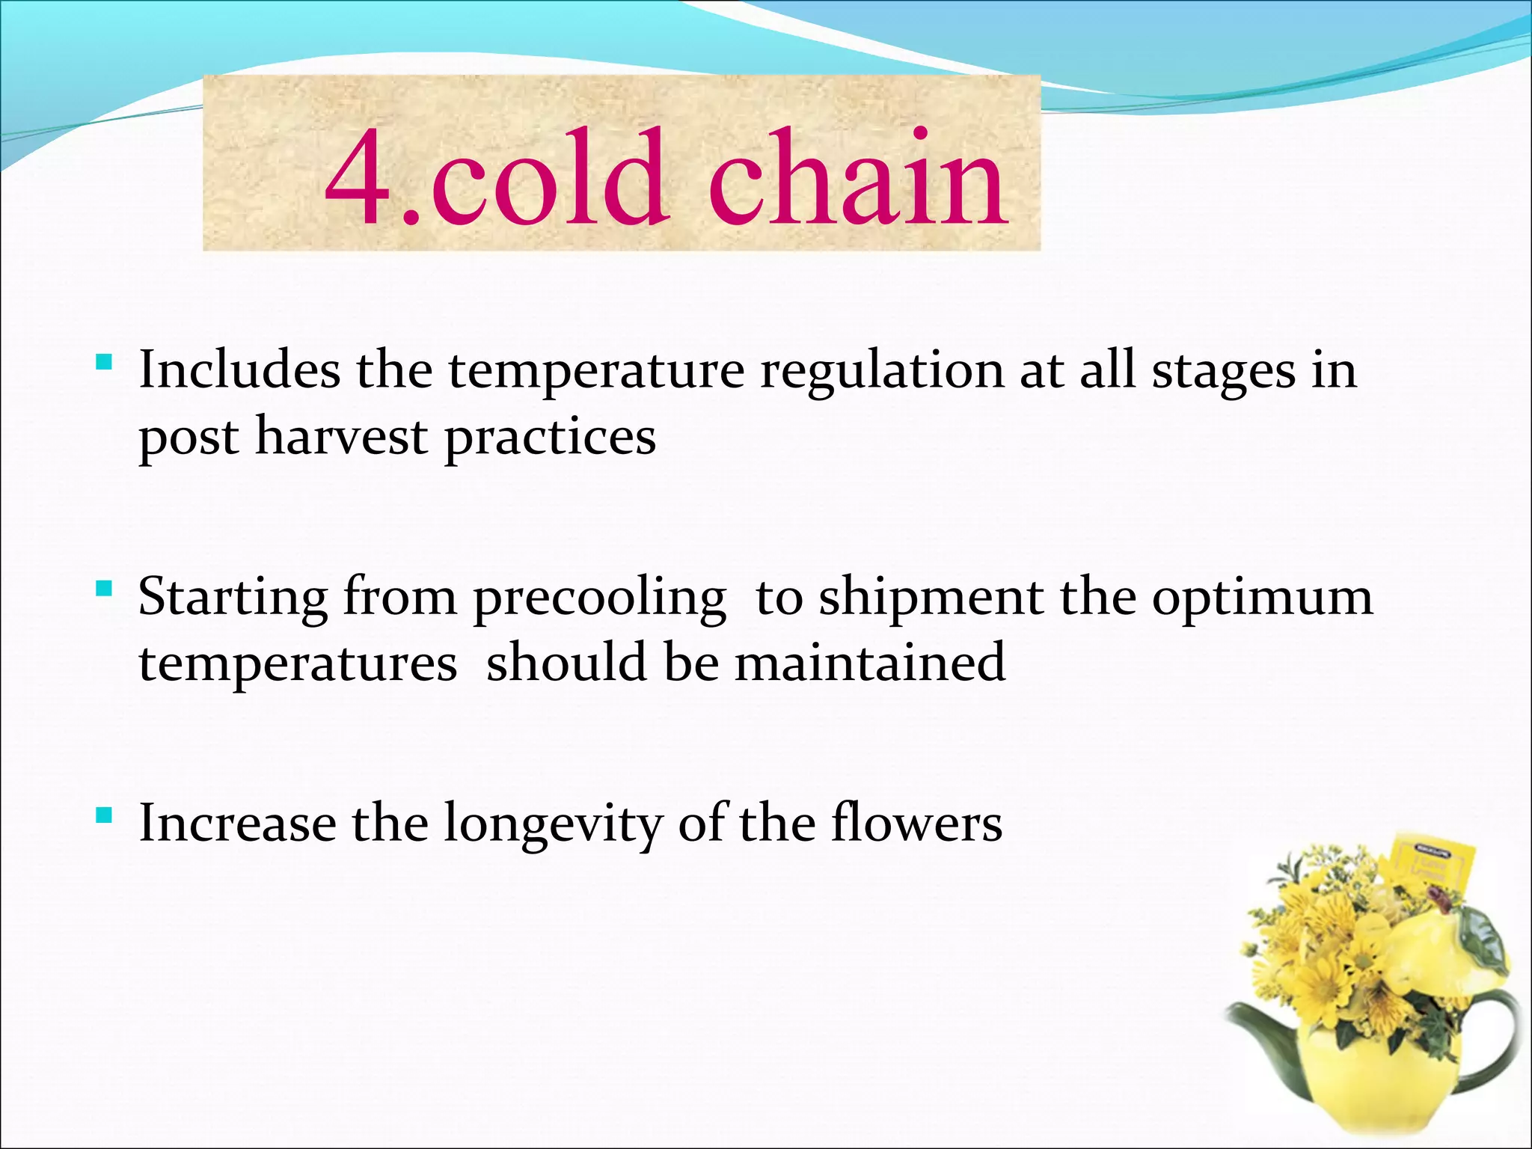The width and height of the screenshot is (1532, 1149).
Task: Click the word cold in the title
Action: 548,178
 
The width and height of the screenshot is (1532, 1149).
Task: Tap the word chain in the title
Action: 857,178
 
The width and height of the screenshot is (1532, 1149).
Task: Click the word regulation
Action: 882,372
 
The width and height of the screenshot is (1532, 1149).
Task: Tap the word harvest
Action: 341,437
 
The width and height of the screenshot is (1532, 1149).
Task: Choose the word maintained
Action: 870,664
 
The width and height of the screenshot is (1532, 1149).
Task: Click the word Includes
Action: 239,371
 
